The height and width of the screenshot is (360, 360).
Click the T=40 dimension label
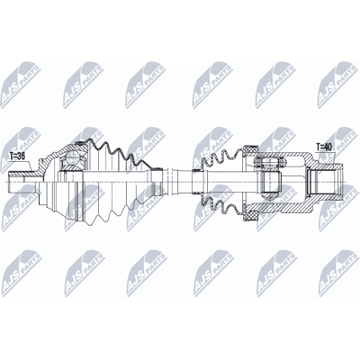324,147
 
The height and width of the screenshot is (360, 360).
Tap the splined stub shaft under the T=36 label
23,182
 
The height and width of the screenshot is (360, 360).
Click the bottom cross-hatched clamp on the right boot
250,215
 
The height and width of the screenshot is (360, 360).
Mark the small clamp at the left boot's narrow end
157,182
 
